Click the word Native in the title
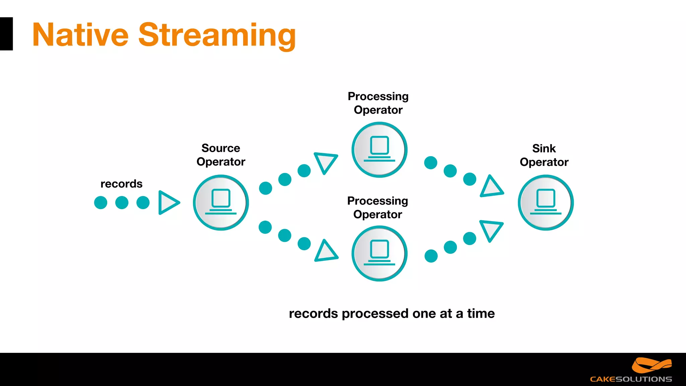click(x=80, y=35)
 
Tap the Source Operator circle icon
click(x=221, y=202)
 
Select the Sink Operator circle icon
click(x=546, y=202)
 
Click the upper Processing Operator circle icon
click(x=379, y=149)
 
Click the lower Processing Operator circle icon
click(x=379, y=253)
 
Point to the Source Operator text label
click(x=221, y=155)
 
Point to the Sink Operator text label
click(x=544, y=155)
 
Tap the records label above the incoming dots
click(x=121, y=184)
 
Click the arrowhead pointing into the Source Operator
click(x=168, y=202)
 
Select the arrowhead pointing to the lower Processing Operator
click(x=325, y=252)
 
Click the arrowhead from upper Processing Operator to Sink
click(x=491, y=187)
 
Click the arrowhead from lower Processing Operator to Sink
click(x=491, y=230)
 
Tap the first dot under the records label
click(x=100, y=202)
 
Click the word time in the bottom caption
click(x=481, y=313)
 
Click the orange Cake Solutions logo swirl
click(x=651, y=365)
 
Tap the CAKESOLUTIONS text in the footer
click(x=631, y=379)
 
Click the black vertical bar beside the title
click(x=6, y=34)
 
